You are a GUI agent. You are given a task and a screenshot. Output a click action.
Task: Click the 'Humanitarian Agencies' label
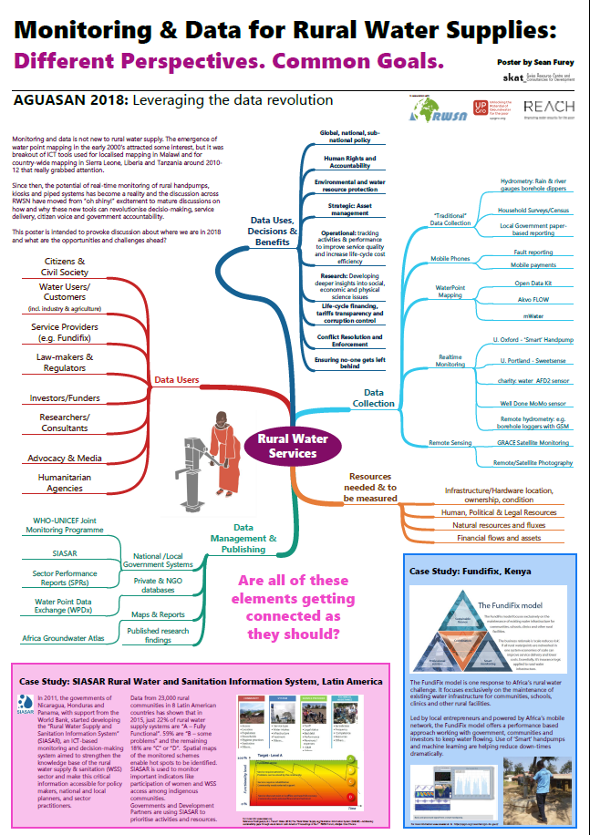tap(64, 483)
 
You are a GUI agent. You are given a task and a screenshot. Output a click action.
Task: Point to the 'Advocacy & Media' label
tap(64, 457)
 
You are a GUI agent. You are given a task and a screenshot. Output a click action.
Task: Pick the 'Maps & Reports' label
tap(159, 614)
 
